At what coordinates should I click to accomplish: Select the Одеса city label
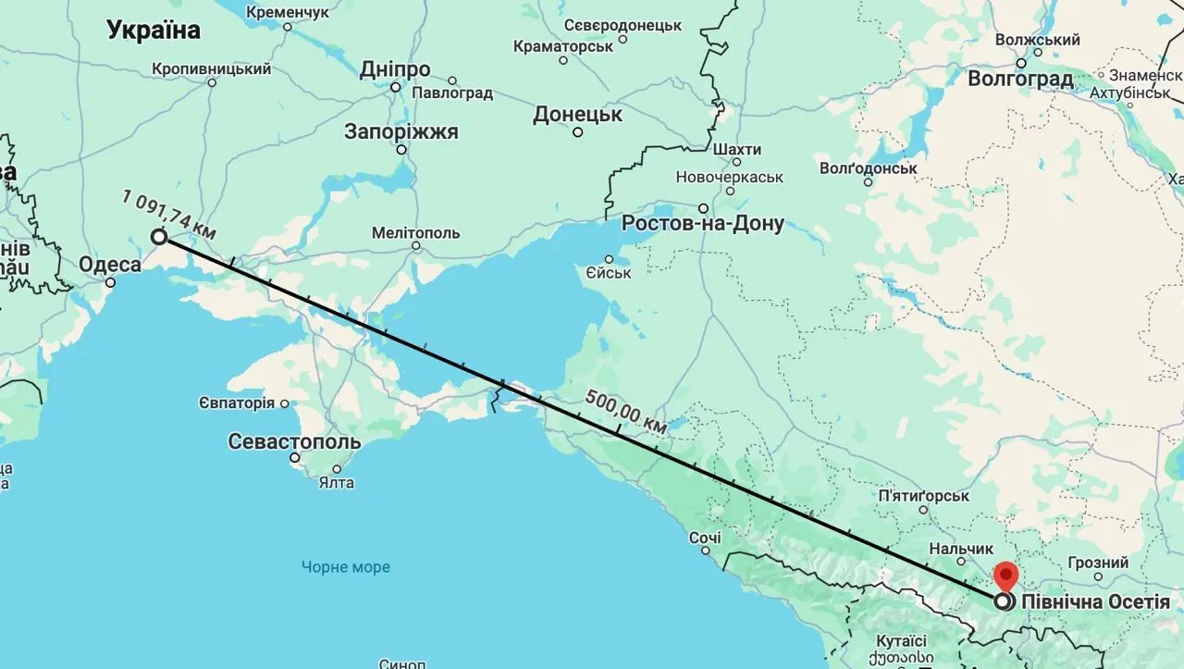coord(110,266)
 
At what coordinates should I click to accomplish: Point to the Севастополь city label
coord(294,441)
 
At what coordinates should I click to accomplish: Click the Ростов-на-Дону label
coord(702,223)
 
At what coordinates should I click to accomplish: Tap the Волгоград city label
coord(1019,79)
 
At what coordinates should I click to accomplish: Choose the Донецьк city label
coord(577,115)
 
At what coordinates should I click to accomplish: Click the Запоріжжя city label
coord(401,131)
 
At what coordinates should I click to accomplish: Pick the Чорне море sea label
coord(345,567)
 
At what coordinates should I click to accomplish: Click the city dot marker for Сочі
coord(705,551)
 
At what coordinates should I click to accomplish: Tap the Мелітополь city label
coord(415,232)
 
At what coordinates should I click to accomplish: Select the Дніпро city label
coord(395,70)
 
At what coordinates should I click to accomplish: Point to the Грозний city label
coord(1098,563)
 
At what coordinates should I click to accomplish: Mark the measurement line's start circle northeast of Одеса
coord(159,237)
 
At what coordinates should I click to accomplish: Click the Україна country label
coord(154,31)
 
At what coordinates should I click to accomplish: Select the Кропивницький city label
coord(211,69)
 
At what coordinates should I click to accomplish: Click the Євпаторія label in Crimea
coord(236,403)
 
